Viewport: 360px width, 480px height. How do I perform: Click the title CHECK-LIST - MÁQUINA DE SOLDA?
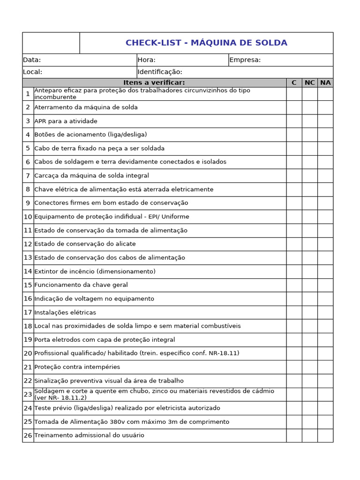[206, 43]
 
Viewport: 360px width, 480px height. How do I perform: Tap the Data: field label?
[32, 60]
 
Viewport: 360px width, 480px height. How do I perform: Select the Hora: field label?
[146, 60]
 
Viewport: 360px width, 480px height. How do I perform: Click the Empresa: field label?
[245, 60]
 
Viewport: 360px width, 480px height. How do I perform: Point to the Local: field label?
[32, 72]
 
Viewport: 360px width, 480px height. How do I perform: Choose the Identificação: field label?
[160, 72]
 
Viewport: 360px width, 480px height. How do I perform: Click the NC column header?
[309, 83]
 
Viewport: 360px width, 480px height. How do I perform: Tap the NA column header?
[325, 83]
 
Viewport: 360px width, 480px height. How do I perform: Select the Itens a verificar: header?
[154, 83]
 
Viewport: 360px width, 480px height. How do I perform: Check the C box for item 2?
[294, 107]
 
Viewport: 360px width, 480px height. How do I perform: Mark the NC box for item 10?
[309, 217]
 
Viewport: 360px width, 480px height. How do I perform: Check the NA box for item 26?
[325, 435]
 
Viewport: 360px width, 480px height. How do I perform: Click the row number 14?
[28, 271]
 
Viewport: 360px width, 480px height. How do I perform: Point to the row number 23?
[28, 395]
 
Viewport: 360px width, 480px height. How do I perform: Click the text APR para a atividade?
[66, 121]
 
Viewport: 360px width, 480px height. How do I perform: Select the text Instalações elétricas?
[65, 312]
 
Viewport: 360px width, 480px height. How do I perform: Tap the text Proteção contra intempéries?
[77, 367]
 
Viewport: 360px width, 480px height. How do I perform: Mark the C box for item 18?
[294, 326]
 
